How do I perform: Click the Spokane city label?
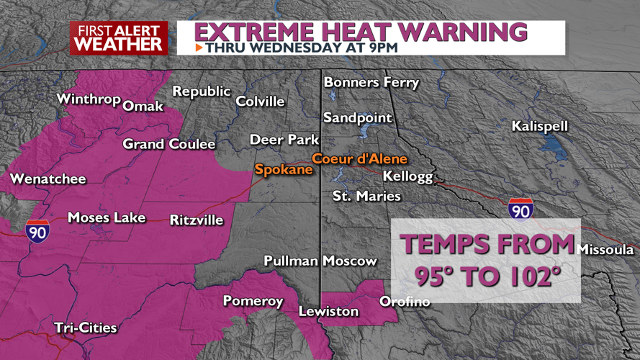pos(284,170)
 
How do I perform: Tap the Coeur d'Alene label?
pos(359,159)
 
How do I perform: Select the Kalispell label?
pos(540,127)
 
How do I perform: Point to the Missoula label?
pos(605,250)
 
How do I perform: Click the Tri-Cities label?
pos(86,328)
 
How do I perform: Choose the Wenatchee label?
pos(48,179)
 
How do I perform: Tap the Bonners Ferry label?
pos(371,83)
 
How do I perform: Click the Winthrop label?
pos(88,99)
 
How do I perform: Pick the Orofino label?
pos(405,302)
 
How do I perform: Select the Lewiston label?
pos(329,312)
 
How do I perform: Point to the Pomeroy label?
pos(253,301)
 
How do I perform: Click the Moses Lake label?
pos(106,217)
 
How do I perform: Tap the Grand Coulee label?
pos(169,145)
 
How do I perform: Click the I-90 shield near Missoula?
pos(520,210)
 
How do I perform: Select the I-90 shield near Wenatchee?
pos(37,230)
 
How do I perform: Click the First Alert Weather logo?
pos(119,38)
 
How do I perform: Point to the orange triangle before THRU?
pos(199,48)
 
